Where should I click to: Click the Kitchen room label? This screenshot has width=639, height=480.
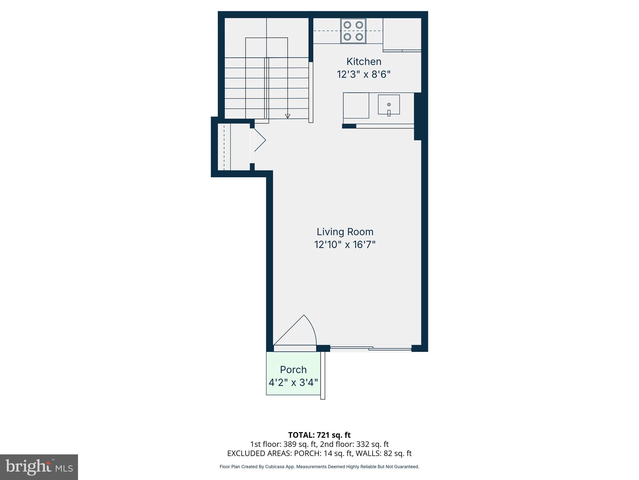[x=364, y=62]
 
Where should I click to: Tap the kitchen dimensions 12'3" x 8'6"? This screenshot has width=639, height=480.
[x=364, y=75]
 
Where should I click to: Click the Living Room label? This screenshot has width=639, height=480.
[x=345, y=232]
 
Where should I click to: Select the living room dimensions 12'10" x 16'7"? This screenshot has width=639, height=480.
[x=345, y=245]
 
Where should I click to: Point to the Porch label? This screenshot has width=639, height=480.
[x=293, y=370]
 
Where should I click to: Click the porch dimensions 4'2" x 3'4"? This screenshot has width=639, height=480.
[x=293, y=382]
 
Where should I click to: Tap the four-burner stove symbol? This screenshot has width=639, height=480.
[x=353, y=31]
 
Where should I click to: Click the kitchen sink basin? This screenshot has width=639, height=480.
[x=389, y=104]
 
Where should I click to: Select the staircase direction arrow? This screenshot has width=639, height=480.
[x=288, y=116]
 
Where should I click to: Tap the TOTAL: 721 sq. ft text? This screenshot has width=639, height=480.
[x=319, y=435]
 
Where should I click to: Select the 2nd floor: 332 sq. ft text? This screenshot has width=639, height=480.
[x=354, y=444]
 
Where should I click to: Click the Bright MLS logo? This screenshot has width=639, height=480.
[x=39, y=467]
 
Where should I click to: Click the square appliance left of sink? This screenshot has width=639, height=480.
[x=356, y=105]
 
